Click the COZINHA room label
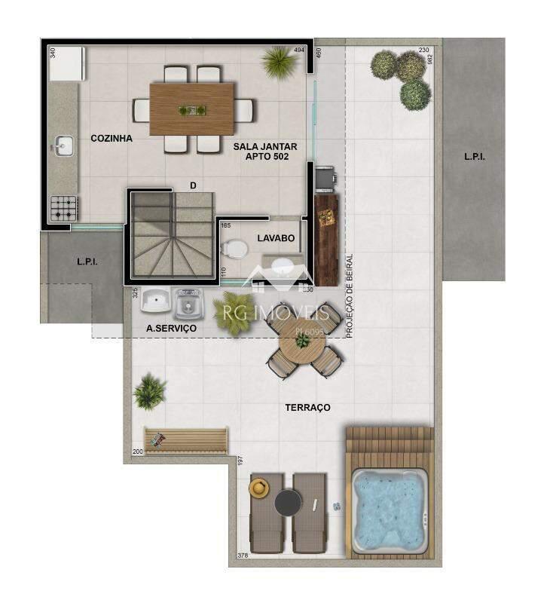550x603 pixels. [x=112, y=139]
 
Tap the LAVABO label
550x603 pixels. [x=275, y=238]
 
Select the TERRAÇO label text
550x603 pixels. [x=307, y=408]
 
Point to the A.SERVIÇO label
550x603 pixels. [x=171, y=329]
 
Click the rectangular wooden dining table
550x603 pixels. [x=191, y=109]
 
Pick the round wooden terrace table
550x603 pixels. [x=301, y=344]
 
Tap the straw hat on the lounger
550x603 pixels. [x=259, y=488]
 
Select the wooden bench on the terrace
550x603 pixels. [x=186, y=439]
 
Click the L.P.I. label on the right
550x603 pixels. [x=474, y=158]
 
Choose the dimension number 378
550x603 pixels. [x=243, y=556]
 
